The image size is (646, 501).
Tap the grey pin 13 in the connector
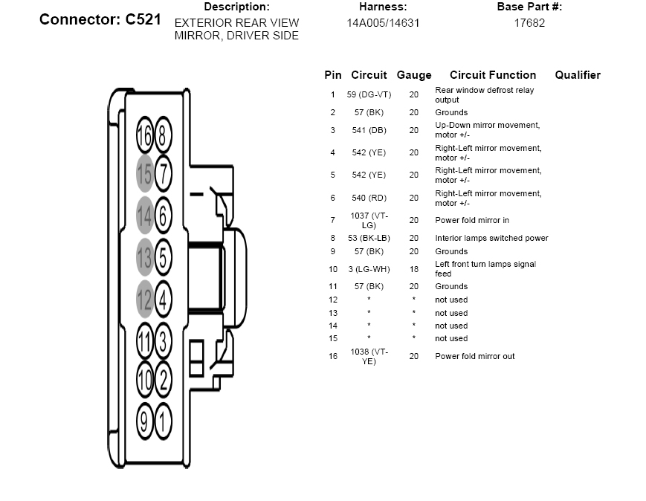pos(145,257)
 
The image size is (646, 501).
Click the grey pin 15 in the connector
pos(145,173)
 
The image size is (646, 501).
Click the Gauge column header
pos(414,75)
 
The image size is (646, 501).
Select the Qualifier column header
pos(578,75)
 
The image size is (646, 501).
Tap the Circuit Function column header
pos(493,75)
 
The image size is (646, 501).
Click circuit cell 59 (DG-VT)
pos(369,94)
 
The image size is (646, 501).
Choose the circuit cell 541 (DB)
pos(369,130)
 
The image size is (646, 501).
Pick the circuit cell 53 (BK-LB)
pos(369,238)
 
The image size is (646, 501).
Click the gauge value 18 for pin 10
pos(414,269)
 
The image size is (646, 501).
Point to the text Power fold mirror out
pos(474,356)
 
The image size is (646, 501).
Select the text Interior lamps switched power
pos(491,238)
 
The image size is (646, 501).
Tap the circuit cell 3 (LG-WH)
pos(369,269)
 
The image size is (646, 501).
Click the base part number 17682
pos(529,23)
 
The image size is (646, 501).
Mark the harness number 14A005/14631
pos(383,23)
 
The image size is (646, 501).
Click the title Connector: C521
pos(100,19)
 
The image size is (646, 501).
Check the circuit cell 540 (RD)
pos(369,198)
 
